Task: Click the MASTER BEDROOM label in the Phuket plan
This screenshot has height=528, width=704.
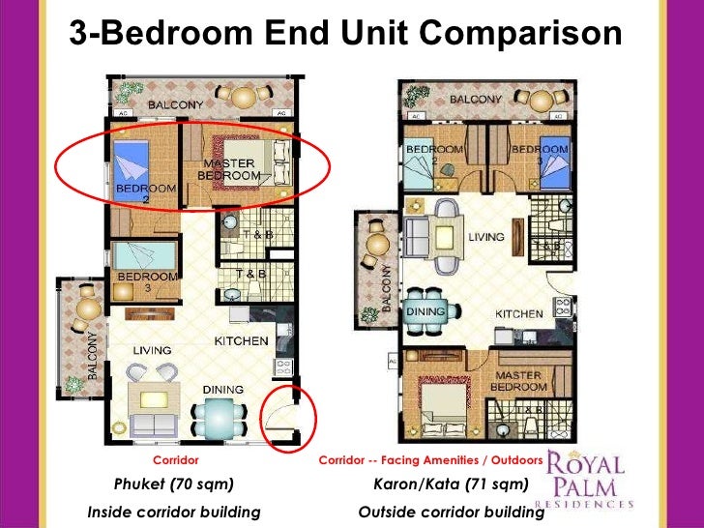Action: [229, 169]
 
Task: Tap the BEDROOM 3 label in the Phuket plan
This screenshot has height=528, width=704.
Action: [147, 281]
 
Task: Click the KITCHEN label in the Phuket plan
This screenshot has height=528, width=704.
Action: [240, 341]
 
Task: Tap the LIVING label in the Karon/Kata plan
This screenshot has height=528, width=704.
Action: [485, 236]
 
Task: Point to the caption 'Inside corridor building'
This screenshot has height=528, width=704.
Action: [174, 512]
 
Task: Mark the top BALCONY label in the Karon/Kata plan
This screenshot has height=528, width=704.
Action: [474, 100]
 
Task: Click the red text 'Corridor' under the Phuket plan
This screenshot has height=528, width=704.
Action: [175, 460]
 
